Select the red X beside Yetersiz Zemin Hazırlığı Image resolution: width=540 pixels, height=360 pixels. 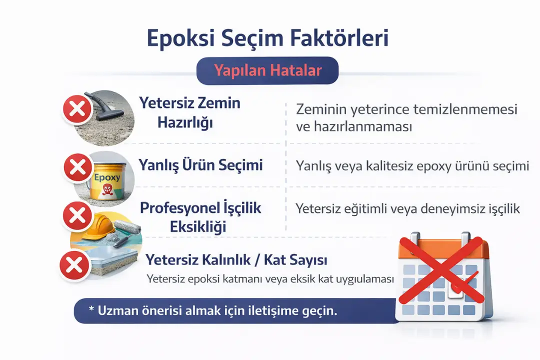77,109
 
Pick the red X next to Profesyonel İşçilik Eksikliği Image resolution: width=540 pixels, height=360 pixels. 76,216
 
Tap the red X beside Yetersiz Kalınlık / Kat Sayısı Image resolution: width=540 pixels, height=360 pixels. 74,265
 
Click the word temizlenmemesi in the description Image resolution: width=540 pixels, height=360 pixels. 464,108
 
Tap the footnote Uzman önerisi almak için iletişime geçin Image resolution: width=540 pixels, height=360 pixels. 213,310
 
